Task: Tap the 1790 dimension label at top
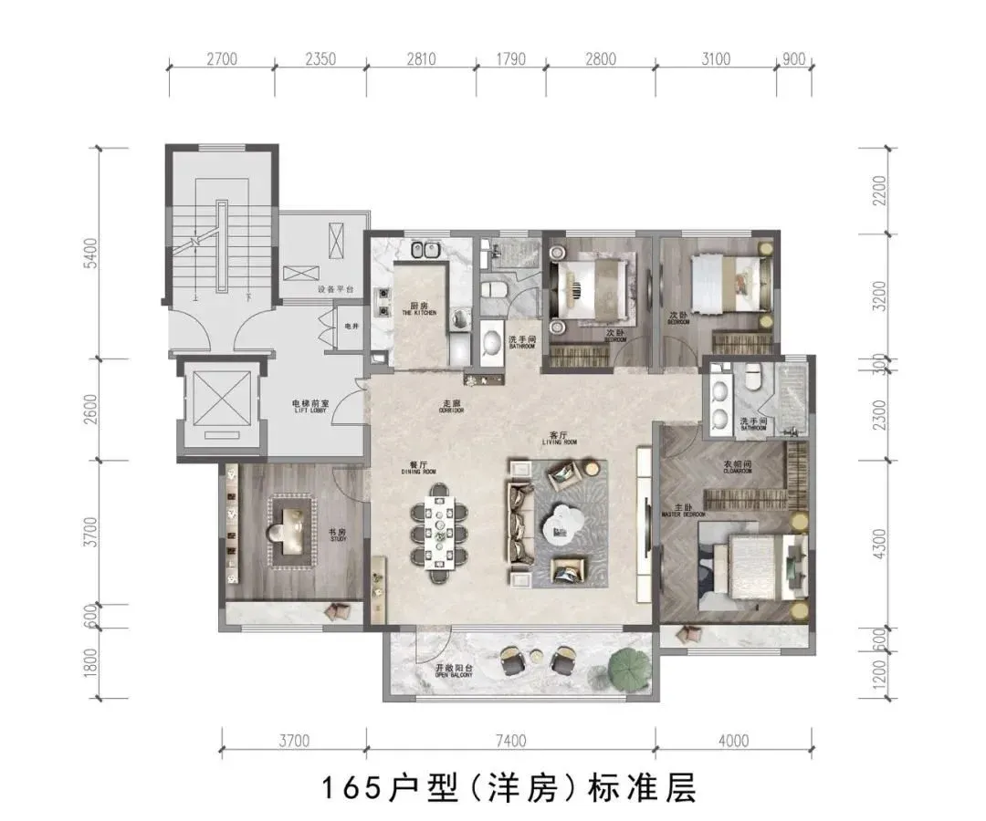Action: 511,60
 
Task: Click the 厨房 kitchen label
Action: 419,307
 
